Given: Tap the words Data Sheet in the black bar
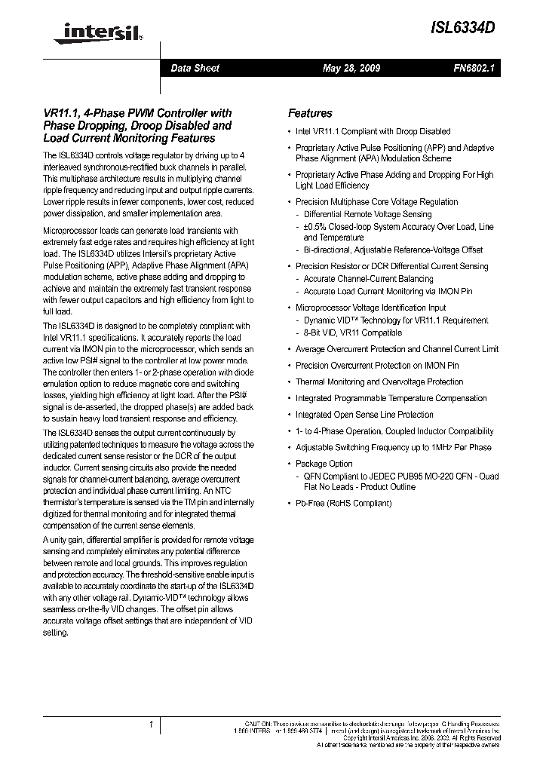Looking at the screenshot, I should (x=195, y=68).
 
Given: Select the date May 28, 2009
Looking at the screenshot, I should (x=351, y=68).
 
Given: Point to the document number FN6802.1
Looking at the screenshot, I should (x=473, y=68).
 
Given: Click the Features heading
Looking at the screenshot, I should (x=310, y=113).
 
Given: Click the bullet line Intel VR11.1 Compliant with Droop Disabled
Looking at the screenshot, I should (x=373, y=131).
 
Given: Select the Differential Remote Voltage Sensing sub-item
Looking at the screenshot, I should (x=367, y=214).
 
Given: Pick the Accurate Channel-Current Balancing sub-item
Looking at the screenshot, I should (x=368, y=279).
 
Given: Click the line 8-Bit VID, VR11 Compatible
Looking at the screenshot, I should (x=352, y=332).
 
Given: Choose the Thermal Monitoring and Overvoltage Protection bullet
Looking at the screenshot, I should (x=379, y=381).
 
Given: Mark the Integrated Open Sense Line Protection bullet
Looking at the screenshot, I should (x=364, y=415).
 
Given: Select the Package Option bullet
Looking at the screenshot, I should (x=324, y=464).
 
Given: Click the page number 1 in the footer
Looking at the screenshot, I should (x=151, y=725).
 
